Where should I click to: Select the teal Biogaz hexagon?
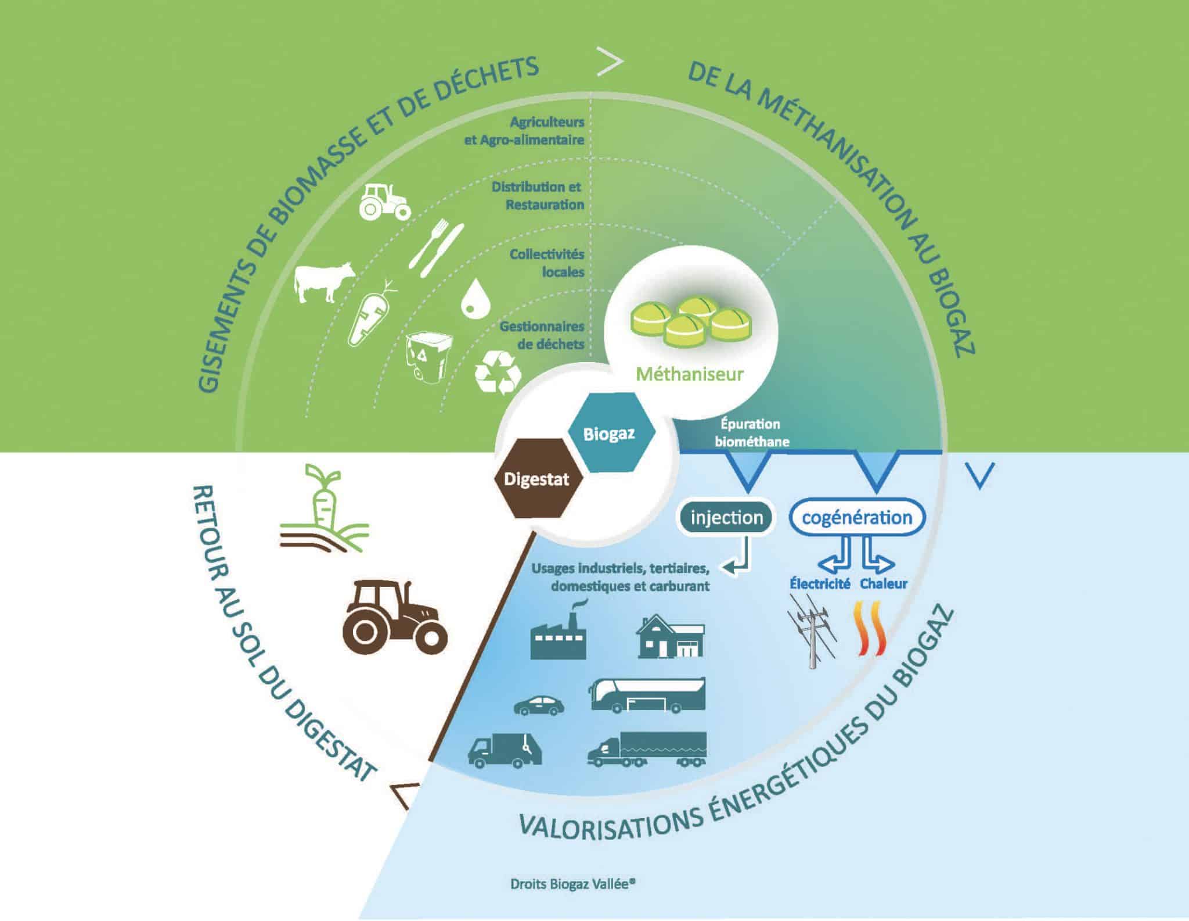point(609,433)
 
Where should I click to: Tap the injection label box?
point(727,517)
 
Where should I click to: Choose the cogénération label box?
point(857,517)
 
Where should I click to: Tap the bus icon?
point(647,695)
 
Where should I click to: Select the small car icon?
point(539,705)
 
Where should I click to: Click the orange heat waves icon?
point(871,637)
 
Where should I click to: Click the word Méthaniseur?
point(689,374)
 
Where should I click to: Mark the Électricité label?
point(819,584)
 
